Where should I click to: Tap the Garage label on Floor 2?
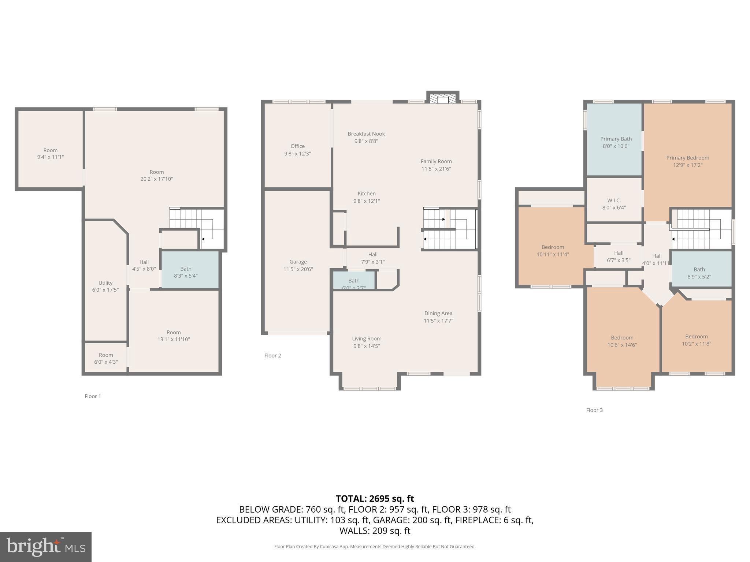click(298, 262)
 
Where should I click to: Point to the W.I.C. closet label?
click(614, 201)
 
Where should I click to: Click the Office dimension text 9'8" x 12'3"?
click(297, 154)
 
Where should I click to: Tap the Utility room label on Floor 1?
click(105, 283)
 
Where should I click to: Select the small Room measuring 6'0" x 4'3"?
click(105, 358)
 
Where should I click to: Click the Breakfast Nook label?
click(366, 134)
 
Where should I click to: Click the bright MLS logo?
click(46, 547)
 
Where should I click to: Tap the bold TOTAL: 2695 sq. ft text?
click(375, 499)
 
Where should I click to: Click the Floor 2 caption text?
click(272, 356)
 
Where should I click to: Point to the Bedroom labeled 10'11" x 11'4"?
click(552, 251)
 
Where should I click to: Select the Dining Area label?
click(438, 314)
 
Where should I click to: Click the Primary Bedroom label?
click(687, 158)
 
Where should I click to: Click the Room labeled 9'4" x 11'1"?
click(50, 154)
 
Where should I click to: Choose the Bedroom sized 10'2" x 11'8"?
click(696, 340)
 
